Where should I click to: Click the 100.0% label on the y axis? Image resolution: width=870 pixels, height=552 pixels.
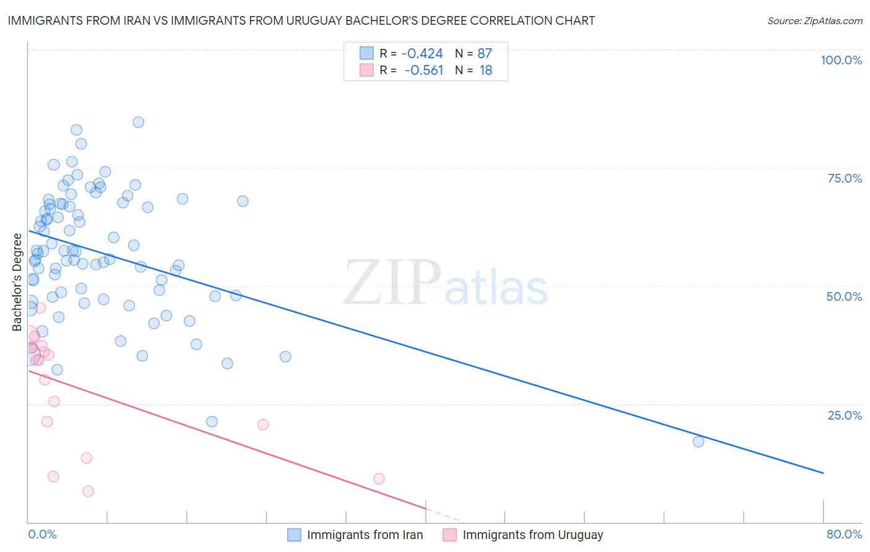pyautogui.click(x=841, y=60)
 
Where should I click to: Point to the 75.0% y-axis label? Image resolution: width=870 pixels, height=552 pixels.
pyautogui.click(x=845, y=178)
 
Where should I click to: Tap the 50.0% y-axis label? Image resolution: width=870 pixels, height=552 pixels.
pyautogui.click(x=844, y=296)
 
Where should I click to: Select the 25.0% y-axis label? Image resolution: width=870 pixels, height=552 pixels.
pyautogui.click(x=845, y=415)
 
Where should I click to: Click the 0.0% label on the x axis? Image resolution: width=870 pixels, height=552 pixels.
pyautogui.click(x=42, y=534)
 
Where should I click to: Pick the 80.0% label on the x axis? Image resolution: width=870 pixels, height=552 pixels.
pyautogui.click(x=844, y=534)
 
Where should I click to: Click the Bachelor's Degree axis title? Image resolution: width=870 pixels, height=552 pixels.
pyautogui.click(x=17, y=282)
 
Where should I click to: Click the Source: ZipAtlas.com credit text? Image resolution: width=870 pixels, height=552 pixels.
pyautogui.click(x=814, y=21)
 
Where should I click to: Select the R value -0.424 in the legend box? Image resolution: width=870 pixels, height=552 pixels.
pyautogui.click(x=422, y=54)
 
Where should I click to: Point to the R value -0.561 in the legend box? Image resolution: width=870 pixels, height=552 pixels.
pyautogui.click(x=424, y=71)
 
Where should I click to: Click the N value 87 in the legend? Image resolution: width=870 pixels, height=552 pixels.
pyautogui.click(x=485, y=54)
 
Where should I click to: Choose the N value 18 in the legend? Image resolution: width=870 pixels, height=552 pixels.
pyautogui.click(x=486, y=71)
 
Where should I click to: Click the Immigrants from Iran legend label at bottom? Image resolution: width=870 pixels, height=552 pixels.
pyautogui.click(x=364, y=535)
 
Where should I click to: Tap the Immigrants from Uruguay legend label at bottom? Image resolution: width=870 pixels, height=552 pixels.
pyautogui.click(x=532, y=535)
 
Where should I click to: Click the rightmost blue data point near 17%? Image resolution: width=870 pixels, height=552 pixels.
pyautogui.click(x=698, y=441)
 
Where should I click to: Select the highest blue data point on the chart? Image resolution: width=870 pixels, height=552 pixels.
pyautogui.click(x=139, y=122)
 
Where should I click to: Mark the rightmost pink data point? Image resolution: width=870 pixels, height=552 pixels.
pyautogui.click(x=379, y=478)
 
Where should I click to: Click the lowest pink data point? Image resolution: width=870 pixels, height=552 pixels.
pyautogui.click(x=88, y=491)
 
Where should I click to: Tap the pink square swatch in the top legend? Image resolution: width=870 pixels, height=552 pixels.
pyautogui.click(x=366, y=70)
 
